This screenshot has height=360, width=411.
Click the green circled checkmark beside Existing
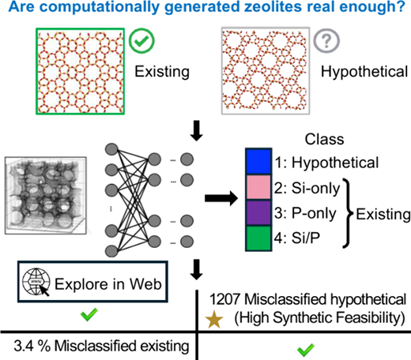tap(141, 41)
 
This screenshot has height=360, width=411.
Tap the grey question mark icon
tap(326, 41)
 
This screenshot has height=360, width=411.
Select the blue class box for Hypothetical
tap(258, 161)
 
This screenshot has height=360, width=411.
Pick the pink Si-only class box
tap(258, 187)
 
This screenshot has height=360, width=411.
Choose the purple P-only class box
tap(258, 212)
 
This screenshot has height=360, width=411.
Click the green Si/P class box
tap(258, 238)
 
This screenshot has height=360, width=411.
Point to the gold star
tap(214, 319)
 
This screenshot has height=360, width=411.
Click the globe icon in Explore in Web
tap(36, 282)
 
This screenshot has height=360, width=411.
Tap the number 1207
tap(224, 299)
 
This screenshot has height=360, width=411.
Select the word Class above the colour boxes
tap(324, 139)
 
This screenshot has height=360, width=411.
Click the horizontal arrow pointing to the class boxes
tap(221, 198)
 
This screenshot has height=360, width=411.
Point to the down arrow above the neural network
tap(197, 131)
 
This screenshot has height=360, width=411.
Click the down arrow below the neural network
tap(197, 269)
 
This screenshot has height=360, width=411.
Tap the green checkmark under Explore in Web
tap(89, 314)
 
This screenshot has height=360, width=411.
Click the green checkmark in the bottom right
tap(306, 351)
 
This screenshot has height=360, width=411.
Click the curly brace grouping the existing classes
tap(348, 213)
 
